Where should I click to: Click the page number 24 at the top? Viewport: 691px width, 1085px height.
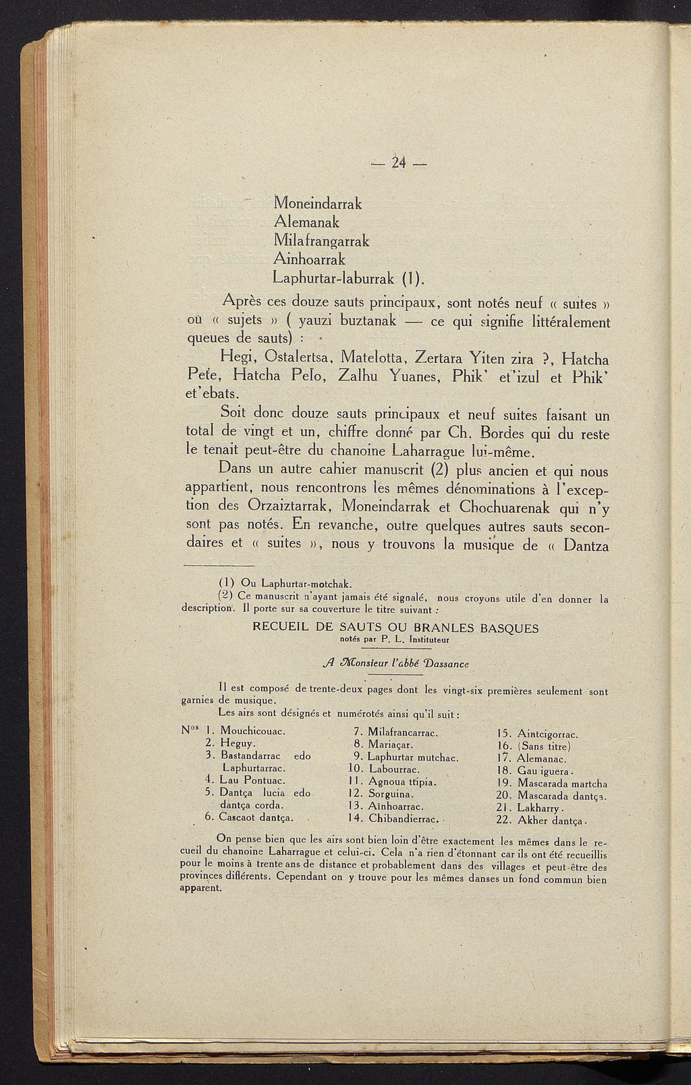400,163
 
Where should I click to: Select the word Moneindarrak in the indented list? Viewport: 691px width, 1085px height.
318,202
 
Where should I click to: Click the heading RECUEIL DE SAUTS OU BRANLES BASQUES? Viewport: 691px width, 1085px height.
395,628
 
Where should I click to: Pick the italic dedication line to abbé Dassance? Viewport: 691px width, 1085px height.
395,663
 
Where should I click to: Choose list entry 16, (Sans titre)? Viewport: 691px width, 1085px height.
543,746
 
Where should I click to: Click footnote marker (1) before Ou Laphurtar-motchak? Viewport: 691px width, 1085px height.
227,583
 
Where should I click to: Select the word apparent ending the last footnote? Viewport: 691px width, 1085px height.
201,888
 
